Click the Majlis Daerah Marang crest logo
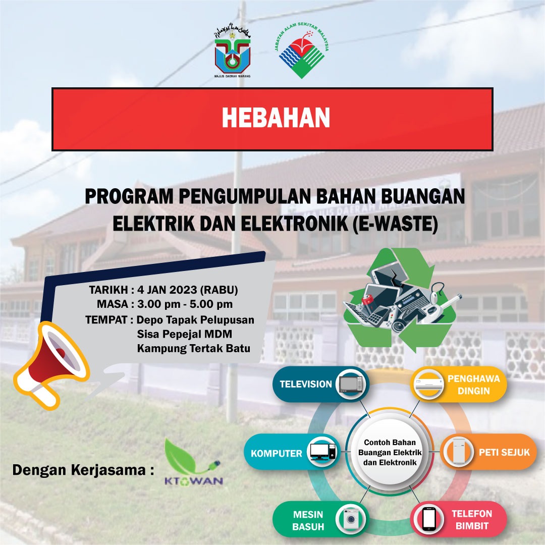233,52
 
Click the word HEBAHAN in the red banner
276,118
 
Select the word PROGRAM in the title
129,196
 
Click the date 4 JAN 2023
168,290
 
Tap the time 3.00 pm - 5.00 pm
185,304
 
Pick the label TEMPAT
106,320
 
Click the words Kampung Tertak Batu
194,348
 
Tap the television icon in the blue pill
352,384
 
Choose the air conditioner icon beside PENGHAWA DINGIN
429,384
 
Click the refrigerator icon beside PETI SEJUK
459,452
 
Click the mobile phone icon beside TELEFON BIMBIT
429,519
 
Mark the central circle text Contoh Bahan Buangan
390,447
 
